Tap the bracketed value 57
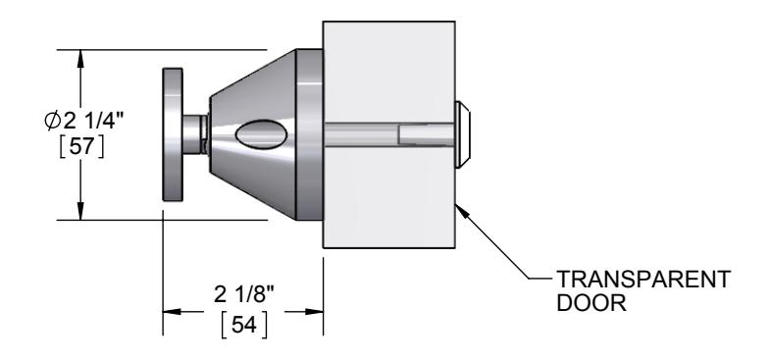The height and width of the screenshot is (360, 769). (80, 147)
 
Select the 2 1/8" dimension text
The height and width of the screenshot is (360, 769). (243, 294)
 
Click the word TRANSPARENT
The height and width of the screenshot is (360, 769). (643, 280)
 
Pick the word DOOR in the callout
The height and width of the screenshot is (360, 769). (591, 302)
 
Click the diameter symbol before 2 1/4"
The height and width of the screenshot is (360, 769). (53, 121)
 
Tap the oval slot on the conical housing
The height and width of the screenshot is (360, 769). (261, 133)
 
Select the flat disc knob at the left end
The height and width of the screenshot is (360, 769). (173, 134)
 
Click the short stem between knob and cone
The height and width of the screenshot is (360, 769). (195, 134)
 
